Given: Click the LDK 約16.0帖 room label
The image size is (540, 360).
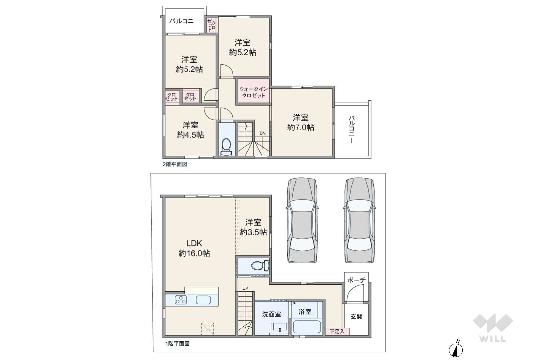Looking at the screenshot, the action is pos(194,248).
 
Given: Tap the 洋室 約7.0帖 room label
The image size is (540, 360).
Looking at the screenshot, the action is pos(300,123).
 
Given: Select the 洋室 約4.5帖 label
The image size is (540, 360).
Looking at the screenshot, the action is pos(190,130).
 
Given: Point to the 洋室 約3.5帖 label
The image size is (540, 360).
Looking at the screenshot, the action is pos(253,227).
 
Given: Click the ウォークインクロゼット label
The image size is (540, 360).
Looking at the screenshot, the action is pos(253,92).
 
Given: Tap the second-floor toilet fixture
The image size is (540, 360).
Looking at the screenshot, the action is pos(226,147).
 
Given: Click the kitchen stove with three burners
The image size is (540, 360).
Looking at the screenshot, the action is pos(181,300).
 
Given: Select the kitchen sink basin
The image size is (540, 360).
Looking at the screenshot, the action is pos(203,300).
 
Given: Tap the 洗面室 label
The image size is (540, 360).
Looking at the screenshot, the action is pos(272,314).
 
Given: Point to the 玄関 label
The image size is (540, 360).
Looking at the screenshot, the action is pos(356,317).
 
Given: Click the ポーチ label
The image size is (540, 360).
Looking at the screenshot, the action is pos(356,280).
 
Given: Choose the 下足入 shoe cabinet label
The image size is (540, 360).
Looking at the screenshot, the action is pos(337,332).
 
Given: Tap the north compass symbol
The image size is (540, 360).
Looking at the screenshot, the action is pos(456,349).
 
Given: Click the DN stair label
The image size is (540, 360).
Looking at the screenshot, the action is pos(263,133).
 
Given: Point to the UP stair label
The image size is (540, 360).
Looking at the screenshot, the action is pos(245,288).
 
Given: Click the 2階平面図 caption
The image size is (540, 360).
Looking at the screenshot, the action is pos(175,164).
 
